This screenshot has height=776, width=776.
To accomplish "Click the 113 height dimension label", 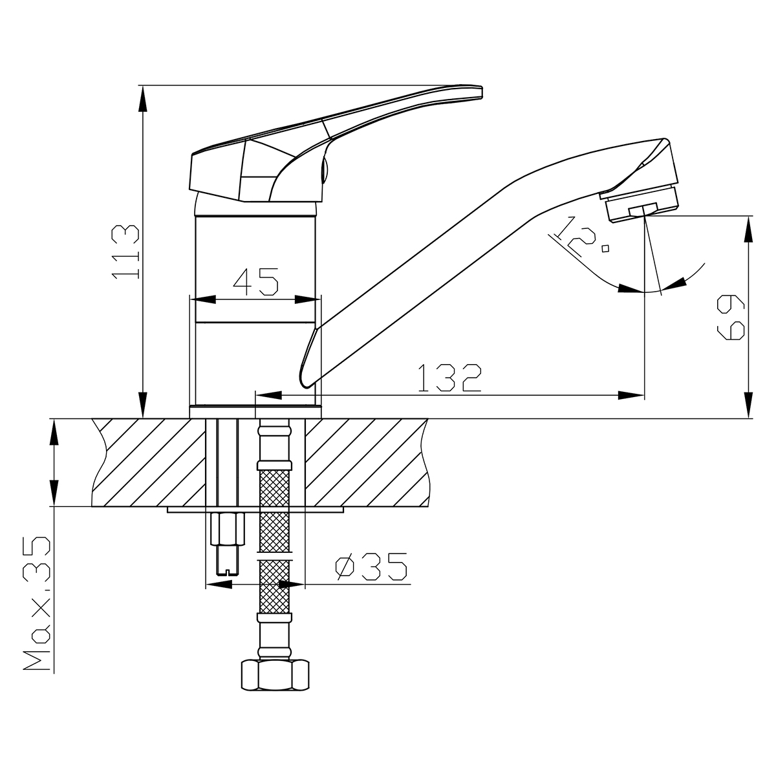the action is (125, 252).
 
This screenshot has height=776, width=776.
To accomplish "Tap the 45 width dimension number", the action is (255, 281).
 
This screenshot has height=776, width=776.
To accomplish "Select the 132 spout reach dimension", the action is (450, 378).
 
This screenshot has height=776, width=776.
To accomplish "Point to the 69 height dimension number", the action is (731, 318).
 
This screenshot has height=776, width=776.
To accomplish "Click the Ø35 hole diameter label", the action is (371, 566).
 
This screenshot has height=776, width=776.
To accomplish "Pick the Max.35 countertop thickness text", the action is (37, 603).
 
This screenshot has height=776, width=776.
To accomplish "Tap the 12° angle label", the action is (580, 237).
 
